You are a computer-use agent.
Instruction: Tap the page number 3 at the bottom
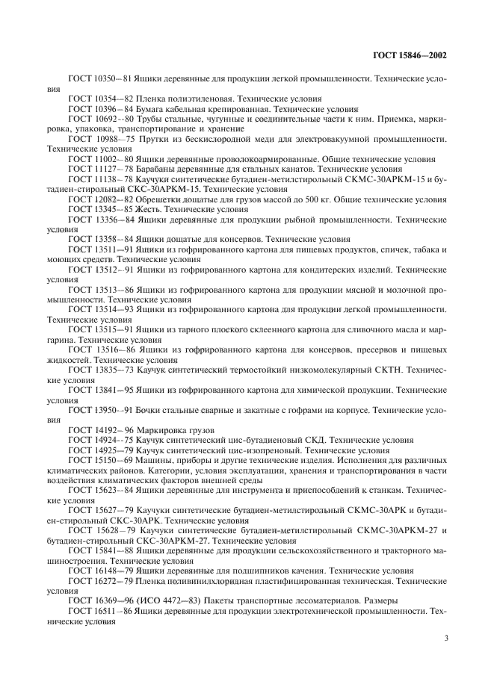coord(446,638)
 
